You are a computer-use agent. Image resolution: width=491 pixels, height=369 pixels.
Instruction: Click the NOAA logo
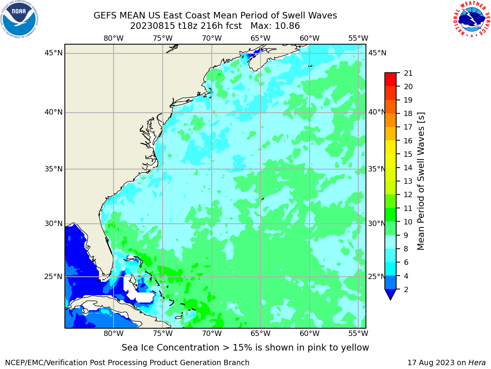[20, 19]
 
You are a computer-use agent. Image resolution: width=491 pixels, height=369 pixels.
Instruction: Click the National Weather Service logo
[471, 19]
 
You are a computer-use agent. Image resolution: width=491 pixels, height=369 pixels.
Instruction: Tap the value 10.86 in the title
[287, 26]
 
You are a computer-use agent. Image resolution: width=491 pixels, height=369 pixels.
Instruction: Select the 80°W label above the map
[114, 38]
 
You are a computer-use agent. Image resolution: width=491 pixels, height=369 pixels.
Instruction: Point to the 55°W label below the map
[358, 334]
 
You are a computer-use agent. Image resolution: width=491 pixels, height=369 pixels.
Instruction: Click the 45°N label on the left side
[53, 53]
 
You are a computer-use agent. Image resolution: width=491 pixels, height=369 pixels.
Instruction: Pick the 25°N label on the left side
[53, 277]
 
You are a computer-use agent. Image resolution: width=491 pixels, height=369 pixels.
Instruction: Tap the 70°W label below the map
[212, 334]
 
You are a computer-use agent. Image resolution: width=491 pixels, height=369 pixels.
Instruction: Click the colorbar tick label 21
[408, 73]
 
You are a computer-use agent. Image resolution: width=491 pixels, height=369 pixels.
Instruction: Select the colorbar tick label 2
[406, 289]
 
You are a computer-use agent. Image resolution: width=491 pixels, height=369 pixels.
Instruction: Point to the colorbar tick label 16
[408, 141]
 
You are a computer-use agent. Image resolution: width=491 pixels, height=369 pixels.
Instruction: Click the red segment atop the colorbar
[390, 80]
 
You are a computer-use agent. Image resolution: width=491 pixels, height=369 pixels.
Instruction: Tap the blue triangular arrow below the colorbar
[390, 294]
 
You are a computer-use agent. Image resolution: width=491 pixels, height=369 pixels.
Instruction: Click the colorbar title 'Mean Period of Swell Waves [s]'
[421, 181]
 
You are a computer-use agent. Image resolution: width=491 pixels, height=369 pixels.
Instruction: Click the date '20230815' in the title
[152, 26]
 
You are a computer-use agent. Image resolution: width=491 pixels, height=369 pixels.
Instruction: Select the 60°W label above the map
[309, 38]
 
